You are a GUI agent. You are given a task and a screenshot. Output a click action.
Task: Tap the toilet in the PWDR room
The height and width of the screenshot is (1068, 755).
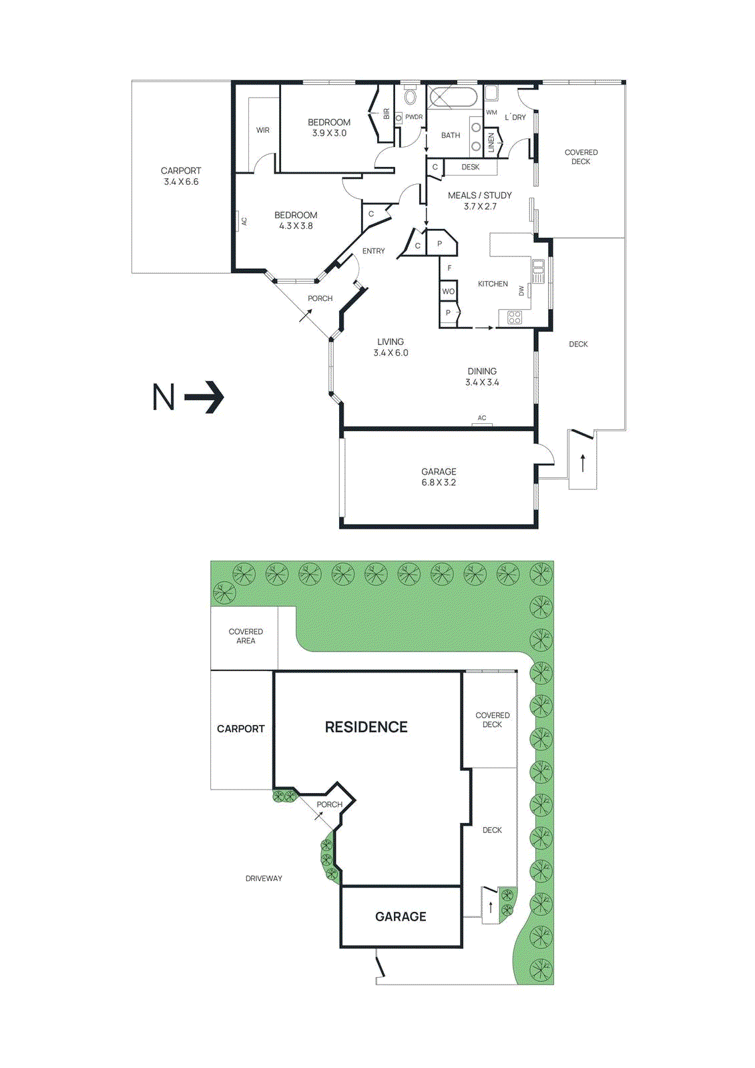(410, 97)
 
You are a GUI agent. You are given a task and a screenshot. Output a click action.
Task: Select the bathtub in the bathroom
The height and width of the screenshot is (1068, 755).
(453, 98)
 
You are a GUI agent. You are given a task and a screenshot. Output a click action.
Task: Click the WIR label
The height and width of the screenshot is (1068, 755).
(263, 130)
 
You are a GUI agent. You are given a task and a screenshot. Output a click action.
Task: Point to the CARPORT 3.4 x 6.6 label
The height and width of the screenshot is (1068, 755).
(181, 176)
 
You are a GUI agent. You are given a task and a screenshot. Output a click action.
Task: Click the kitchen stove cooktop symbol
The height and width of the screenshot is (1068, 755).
(514, 317)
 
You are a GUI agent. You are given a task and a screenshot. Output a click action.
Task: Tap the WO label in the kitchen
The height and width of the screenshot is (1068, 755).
(448, 292)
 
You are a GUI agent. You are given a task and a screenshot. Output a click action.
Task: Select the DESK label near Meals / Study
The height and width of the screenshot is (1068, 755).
(471, 167)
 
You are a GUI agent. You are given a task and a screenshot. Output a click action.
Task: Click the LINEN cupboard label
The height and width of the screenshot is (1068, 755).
(491, 142)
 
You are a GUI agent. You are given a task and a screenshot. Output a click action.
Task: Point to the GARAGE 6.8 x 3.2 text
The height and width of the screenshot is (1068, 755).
(439, 477)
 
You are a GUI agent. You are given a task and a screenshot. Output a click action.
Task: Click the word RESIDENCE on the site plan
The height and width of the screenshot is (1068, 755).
(366, 727)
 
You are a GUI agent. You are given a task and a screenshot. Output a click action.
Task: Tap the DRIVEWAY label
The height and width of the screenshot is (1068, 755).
(264, 878)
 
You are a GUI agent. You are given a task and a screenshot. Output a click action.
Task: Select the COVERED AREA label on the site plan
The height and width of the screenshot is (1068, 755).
(246, 636)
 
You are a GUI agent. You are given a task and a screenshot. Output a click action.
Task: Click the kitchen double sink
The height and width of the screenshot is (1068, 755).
(538, 270)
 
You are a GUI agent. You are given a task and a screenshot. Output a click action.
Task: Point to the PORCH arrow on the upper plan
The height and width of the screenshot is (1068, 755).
(306, 315)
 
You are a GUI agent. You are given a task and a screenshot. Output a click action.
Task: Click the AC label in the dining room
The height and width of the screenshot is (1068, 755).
(482, 418)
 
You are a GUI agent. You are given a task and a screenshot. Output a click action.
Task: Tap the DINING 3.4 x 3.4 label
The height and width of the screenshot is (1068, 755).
(482, 376)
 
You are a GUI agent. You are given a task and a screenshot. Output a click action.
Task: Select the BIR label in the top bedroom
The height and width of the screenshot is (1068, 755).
(386, 114)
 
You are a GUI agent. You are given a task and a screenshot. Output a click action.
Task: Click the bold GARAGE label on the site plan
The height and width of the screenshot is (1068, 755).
(401, 916)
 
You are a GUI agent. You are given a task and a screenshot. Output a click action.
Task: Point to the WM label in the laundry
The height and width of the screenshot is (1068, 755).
(491, 112)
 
